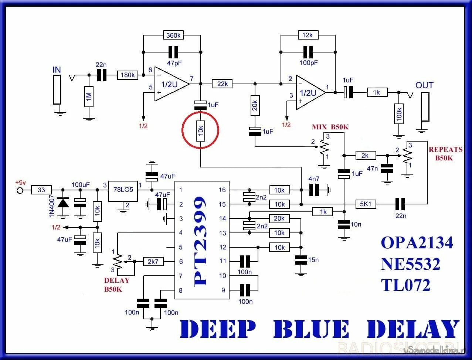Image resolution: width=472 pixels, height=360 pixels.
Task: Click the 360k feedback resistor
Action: click(x=173, y=35)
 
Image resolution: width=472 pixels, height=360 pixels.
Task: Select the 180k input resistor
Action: click(x=128, y=75)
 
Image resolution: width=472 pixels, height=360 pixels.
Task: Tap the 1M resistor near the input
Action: click(x=89, y=97)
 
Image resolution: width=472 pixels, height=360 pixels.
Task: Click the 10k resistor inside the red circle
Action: click(x=200, y=130)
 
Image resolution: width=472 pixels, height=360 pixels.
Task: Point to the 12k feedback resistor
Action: click(x=308, y=35)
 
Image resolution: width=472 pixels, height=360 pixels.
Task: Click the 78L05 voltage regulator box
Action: click(x=123, y=191)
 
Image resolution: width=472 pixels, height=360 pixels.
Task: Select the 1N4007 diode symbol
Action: click(x=63, y=203)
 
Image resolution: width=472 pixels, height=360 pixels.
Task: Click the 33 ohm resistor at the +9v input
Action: click(x=41, y=190)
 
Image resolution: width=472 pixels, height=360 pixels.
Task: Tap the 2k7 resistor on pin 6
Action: click(x=153, y=261)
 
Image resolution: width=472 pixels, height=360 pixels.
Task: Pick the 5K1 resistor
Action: click(x=366, y=204)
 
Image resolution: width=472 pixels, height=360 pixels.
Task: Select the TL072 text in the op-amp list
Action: click(x=406, y=285)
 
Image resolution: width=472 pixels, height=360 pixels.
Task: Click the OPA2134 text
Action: click(x=417, y=243)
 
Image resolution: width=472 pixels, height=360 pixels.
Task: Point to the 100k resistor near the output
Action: click(x=398, y=113)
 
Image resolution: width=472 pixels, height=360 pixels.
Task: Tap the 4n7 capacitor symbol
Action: click(x=314, y=190)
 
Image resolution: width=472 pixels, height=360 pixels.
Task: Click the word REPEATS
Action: click(x=445, y=150)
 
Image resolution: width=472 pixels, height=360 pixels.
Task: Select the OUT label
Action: click(x=424, y=85)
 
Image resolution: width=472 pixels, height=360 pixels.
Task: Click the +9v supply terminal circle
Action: click(x=20, y=190)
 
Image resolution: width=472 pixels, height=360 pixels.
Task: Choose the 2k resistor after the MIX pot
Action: click(x=365, y=156)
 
